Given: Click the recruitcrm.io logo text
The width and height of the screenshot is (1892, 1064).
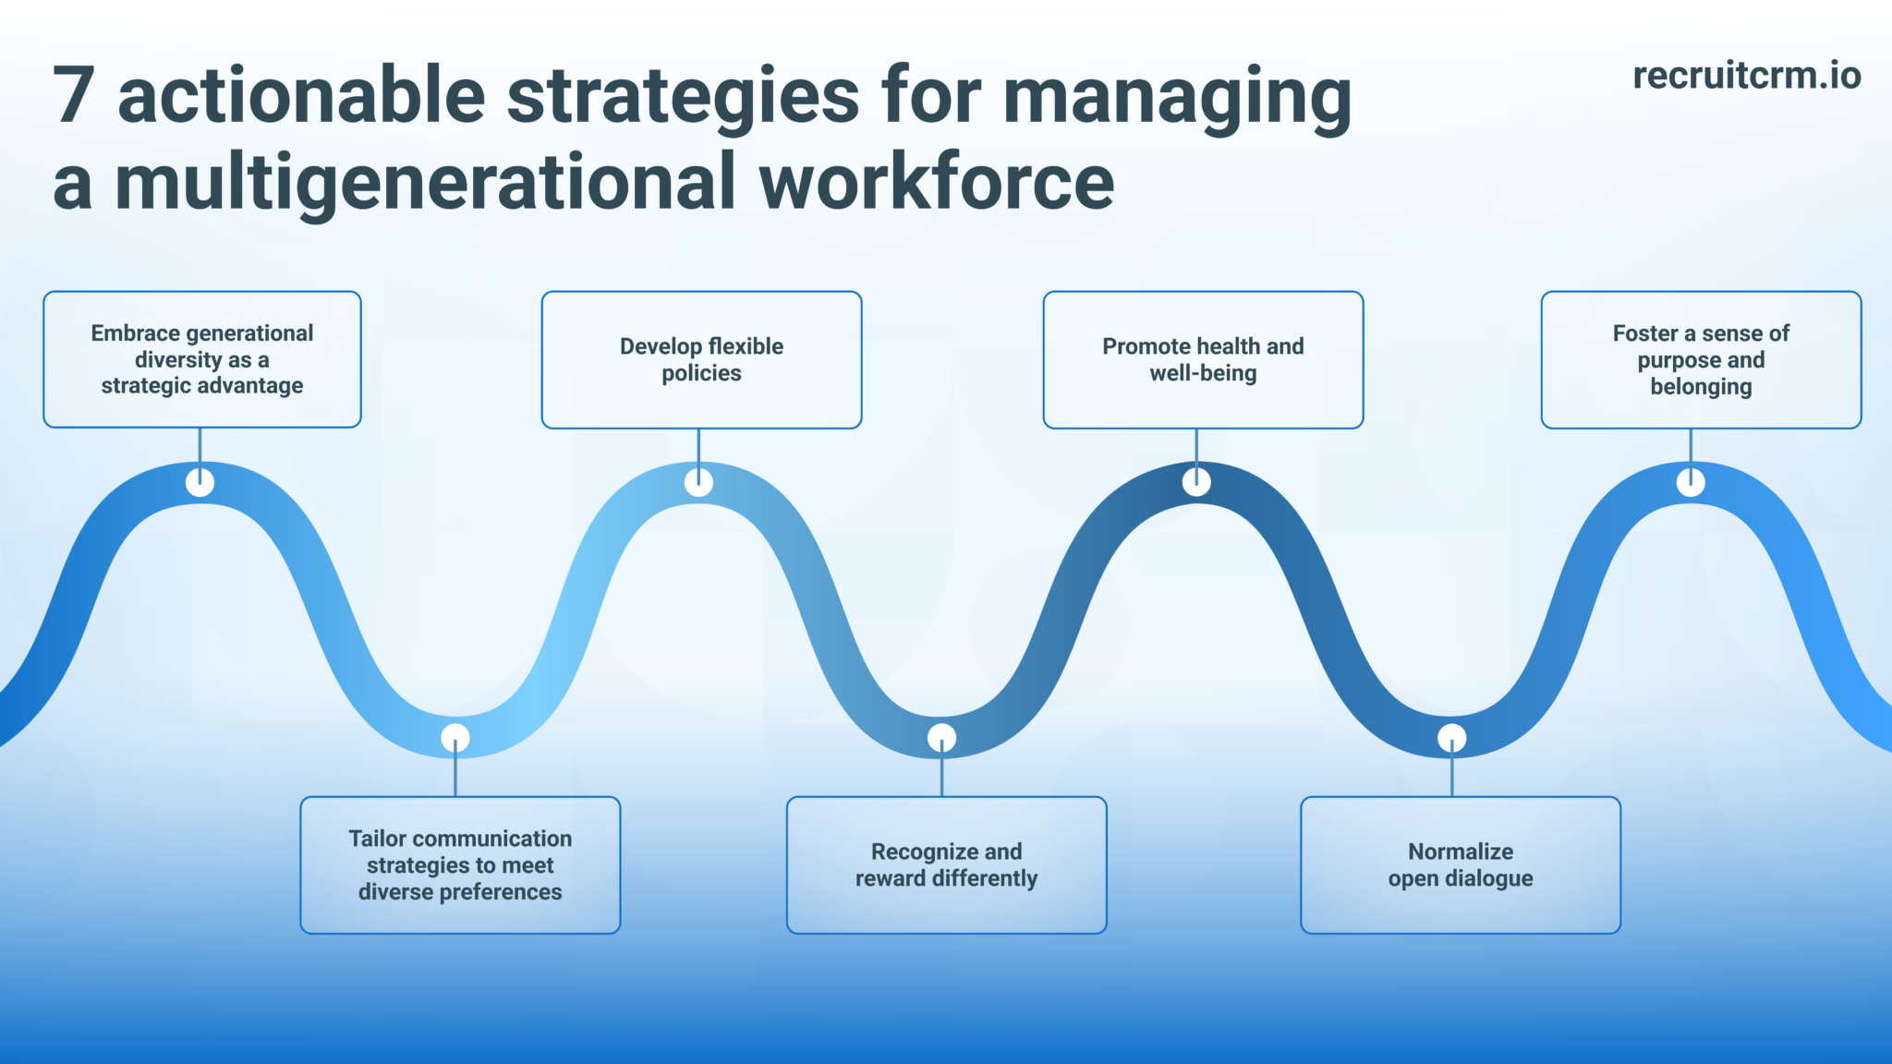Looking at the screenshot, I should pyautogui.click(x=1746, y=76).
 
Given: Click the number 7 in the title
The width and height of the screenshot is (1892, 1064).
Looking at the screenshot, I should pyautogui.click(x=74, y=96).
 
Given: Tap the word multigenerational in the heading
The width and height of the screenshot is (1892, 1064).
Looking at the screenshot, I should pyautogui.click(x=424, y=183).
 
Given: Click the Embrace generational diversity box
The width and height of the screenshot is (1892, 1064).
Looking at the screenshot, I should pyautogui.click(x=202, y=359).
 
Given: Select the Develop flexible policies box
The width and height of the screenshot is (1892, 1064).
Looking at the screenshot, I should pyautogui.click(x=701, y=359).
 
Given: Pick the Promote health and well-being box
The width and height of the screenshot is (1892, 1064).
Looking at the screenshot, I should pyautogui.click(x=1203, y=359).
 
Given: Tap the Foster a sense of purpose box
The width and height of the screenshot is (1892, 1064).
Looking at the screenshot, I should pyautogui.click(x=1701, y=359).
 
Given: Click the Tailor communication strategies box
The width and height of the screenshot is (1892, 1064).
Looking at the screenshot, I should pyautogui.click(x=460, y=864).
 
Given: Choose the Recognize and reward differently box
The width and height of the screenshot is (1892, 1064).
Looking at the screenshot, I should pyautogui.click(x=946, y=864).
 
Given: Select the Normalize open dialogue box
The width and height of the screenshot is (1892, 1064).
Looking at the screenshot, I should pyautogui.click(x=1460, y=864).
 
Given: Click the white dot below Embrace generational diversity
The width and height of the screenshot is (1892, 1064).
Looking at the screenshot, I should pyautogui.click(x=200, y=482).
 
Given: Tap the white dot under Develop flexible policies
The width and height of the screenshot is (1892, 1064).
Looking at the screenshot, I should pyautogui.click(x=698, y=482).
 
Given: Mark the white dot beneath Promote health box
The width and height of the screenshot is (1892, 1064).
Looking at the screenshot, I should pyautogui.click(x=1196, y=482).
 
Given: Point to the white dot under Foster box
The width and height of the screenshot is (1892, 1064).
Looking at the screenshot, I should pyautogui.click(x=1691, y=482).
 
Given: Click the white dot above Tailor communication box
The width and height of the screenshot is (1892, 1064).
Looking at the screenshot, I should pyautogui.click(x=455, y=738).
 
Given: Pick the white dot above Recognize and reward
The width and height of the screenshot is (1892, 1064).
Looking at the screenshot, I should pyautogui.click(x=941, y=738).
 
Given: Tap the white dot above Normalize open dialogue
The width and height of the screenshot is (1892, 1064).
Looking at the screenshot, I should pyautogui.click(x=1451, y=738).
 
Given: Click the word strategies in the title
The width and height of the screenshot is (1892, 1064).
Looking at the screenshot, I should pyautogui.click(x=683, y=96).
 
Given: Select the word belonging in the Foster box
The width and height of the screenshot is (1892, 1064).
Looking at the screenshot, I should pyautogui.click(x=1701, y=386).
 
